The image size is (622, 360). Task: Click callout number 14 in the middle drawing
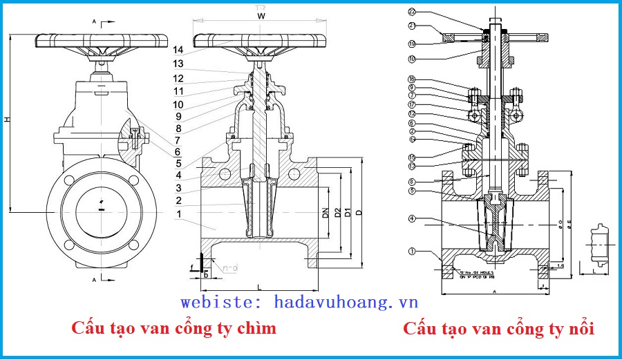pos(178,50)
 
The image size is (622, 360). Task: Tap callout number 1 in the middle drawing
pos(179,214)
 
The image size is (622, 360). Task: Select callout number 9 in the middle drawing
pos(178,116)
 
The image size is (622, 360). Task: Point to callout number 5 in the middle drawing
pos(178,164)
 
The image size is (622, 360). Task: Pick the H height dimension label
pos(7,120)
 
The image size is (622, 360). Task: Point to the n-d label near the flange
pos(231,265)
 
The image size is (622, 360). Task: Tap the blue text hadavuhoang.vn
pos(346,302)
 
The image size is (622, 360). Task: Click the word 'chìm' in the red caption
pos(255,328)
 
